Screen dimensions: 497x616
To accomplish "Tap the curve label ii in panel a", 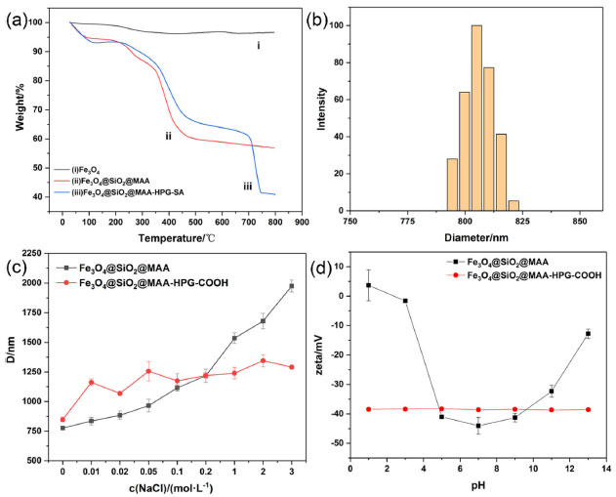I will coord(168,136).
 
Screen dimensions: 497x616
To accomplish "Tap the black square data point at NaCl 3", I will coord(291,286).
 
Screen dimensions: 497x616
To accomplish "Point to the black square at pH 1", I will coord(368,285).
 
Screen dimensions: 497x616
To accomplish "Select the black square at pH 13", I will coord(588,334).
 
